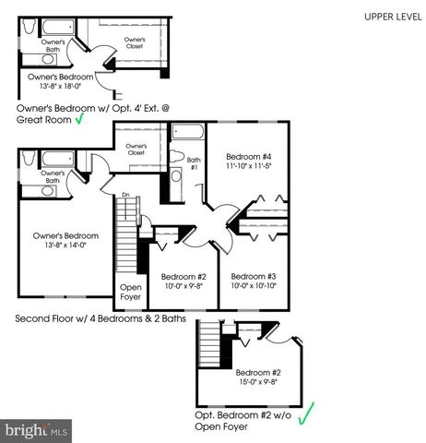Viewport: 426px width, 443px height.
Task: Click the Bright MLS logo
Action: coord(37,429)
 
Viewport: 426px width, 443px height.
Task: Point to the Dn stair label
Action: coord(124,195)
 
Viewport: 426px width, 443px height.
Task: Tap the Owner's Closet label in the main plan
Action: coord(136,150)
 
